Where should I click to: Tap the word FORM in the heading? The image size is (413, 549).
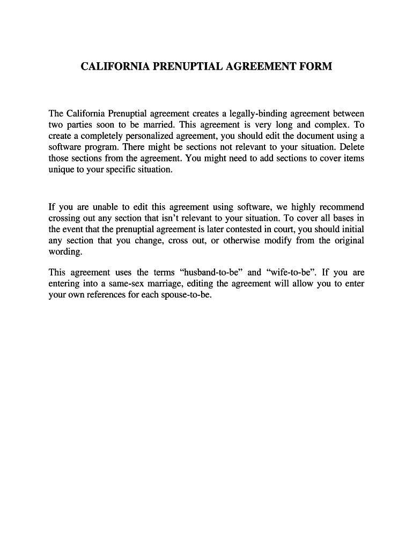pos(316,67)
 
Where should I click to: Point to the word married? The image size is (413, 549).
pos(158,125)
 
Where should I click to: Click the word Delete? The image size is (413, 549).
pos(351,147)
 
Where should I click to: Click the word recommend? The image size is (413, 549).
pos(341,207)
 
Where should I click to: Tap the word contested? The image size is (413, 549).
pos(235,229)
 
